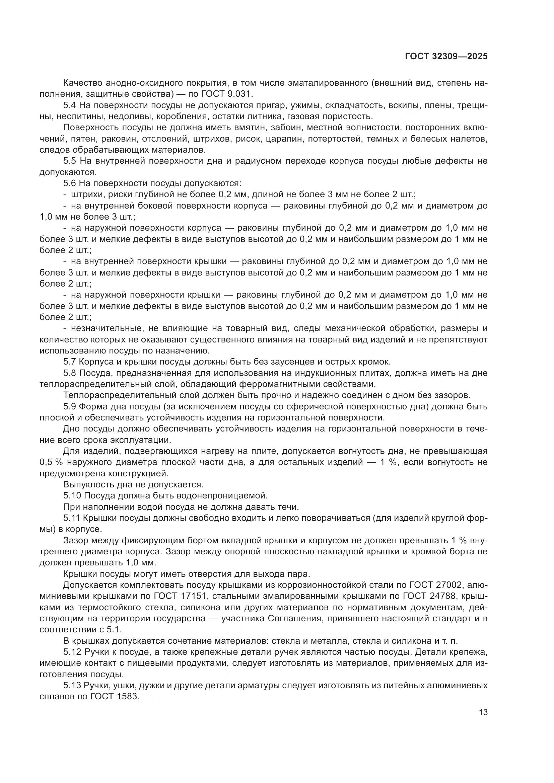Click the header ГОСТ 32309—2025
(446, 57)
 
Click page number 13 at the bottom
(483, 712)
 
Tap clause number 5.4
(70, 105)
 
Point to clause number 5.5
(70, 161)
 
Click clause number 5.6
(70, 183)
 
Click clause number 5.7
(70, 362)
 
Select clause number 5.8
(70, 373)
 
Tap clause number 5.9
(70, 406)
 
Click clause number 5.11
(72, 518)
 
